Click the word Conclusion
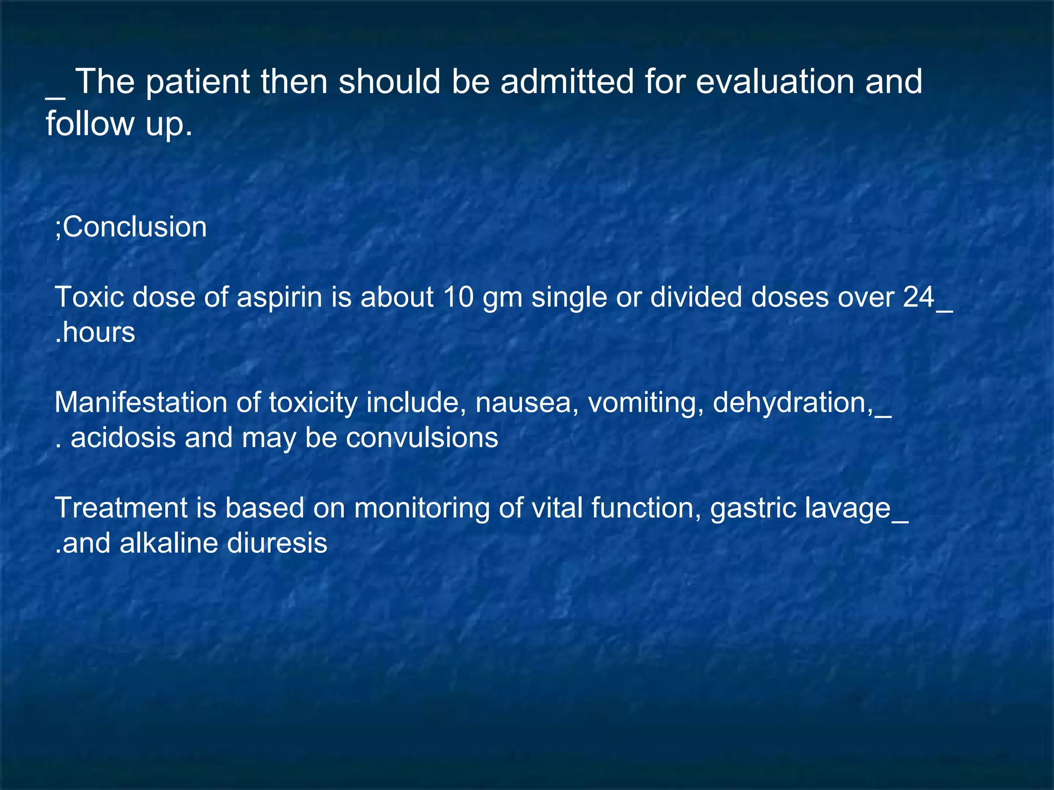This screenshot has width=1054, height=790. pyautogui.click(x=135, y=227)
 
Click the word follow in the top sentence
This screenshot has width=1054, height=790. pyautogui.click(x=90, y=123)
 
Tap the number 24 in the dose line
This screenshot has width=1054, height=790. pyautogui.click(x=919, y=297)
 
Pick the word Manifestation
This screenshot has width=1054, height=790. pyautogui.click(x=140, y=403)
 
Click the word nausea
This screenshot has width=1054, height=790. pyautogui.click(x=523, y=403)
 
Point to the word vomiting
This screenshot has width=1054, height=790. pyautogui.click(x=645, y=403)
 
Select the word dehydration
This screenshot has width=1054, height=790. pyautogui.click(x=793, y=403)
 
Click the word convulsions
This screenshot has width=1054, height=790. pyautogui.click(x=422, y=438)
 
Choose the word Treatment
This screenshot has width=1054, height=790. pyautogui.click(x=121, y=508)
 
